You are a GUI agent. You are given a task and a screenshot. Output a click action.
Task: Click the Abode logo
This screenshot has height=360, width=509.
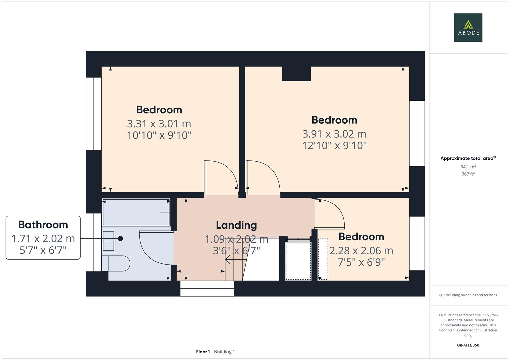(468, 28)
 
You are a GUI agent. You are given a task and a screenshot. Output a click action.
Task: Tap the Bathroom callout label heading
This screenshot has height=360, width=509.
(43, 225)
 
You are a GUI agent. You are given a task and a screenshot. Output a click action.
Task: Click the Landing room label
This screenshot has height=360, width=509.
(236, 225)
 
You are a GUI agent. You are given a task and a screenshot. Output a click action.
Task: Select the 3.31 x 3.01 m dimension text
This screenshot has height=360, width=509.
(159, 124)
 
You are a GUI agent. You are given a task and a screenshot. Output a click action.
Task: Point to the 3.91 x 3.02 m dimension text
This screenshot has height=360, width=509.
(334, 134)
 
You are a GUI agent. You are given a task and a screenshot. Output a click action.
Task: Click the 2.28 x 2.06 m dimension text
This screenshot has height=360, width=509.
(361, 251)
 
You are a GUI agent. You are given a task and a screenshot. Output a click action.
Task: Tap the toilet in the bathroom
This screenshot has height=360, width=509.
(117, 263)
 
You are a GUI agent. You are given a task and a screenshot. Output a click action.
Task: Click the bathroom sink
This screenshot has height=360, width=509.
(108, 241)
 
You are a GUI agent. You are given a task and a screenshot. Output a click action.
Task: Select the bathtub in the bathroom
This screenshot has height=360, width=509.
(136, 212)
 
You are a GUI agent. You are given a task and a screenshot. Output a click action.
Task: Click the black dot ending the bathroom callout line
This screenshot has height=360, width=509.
(120, 239)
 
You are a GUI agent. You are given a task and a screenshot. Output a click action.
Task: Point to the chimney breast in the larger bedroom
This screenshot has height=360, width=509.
(296, 74)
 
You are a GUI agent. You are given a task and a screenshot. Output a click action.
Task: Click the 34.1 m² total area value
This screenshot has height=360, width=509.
(468, 167)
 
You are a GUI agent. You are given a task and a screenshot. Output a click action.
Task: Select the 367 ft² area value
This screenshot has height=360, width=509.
(468, 174)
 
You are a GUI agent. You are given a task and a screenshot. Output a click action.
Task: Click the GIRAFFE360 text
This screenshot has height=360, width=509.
(468, 345)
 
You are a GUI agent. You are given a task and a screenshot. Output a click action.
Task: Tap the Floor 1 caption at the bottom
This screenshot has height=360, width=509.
(203, 352)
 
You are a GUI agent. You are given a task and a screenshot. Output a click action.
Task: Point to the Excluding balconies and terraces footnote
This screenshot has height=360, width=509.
(468, 295)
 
